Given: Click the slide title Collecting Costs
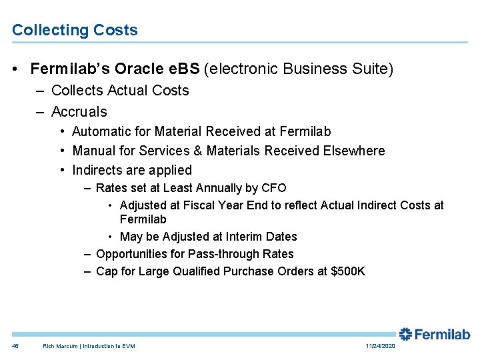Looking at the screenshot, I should [x=75, y=30].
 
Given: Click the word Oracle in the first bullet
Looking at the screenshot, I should [x=139, y=69].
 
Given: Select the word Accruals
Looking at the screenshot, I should [x=79, y=111].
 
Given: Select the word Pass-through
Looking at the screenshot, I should [x=225, y=254].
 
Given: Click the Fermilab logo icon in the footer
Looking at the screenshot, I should [x=406, y=334].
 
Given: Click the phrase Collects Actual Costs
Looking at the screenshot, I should [x=120, y=91].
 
